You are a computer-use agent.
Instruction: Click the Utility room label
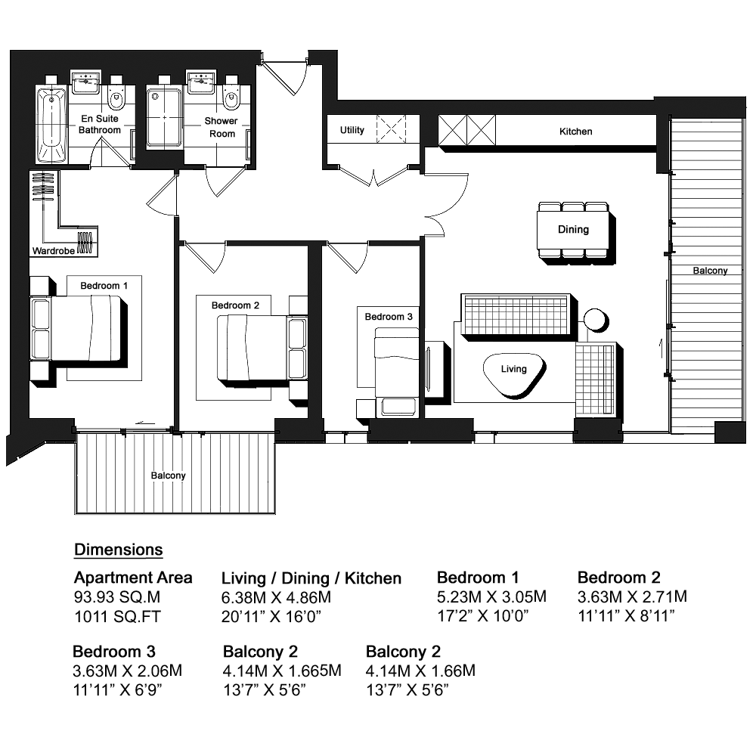pos(352,130)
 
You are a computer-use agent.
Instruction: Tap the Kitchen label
pos(575,131)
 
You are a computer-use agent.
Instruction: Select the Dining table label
pos(573,230)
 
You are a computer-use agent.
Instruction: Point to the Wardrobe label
pos(53,251)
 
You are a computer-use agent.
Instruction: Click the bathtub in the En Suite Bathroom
pos(51,125)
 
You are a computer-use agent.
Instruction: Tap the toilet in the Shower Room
pos(232,98)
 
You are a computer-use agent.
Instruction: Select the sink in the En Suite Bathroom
pos(86,82)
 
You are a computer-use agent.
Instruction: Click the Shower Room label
pos(222,127)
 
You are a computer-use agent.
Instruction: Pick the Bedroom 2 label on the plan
pos(235,305)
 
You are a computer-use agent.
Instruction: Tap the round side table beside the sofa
pos(596,320)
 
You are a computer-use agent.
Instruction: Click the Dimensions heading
pos(119,550)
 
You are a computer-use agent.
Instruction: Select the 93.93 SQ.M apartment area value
pos(117,597)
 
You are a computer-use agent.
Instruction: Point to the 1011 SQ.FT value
pos(117,617)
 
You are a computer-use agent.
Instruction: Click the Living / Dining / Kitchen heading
pos(311,578)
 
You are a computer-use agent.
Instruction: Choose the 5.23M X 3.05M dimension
pos(492,597)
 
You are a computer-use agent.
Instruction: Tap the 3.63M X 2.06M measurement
pos(127,671)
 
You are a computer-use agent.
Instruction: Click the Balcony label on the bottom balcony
pos(169,476)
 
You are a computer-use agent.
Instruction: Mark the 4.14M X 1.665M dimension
pos(282,671)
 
